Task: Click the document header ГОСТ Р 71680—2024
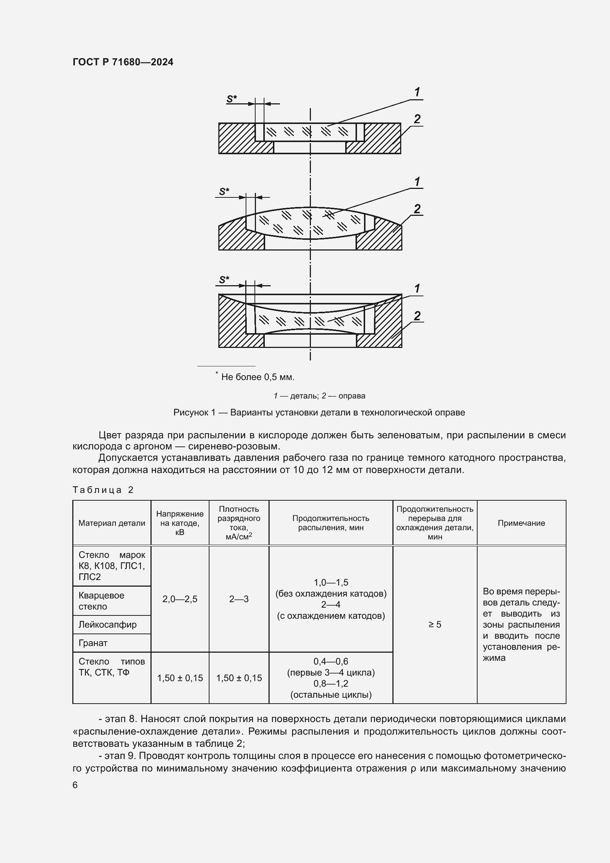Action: pos(123,62)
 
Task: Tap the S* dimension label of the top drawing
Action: pos(231,99)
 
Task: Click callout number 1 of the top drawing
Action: pos(417,92)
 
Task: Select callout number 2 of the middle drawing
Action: pos(417,208)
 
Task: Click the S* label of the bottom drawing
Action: pos(224,280)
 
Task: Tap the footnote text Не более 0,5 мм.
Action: pos(257,377)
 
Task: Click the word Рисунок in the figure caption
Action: pos(191,412)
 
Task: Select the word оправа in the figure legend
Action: pos(351,396)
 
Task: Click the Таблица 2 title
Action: pos(103,490)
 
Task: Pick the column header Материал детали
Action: pos(111,523)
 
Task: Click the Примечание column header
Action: pos(521,523)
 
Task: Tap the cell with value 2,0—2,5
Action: pos(180,599)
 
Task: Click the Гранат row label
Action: pos(93,643)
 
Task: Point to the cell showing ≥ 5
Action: pos(434,624)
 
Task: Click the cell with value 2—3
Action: pos(239,599)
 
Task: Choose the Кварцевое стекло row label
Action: pos(101,601)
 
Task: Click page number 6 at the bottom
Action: pos(75,785)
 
